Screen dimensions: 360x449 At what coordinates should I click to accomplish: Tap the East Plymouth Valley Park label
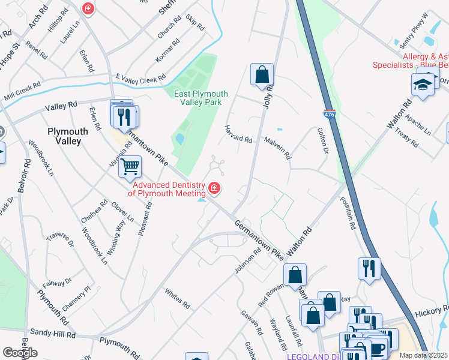(x=200, y=98)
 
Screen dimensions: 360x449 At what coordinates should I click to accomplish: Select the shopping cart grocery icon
(x=130, y=166)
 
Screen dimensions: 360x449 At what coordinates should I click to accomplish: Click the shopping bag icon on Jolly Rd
(x=262, y=75)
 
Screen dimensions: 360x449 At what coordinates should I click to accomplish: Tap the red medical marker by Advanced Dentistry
(x=214, y=190)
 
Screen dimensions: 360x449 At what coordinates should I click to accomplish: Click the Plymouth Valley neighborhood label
(x=68, y=136)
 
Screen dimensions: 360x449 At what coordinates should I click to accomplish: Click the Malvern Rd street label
(x=277, y=147)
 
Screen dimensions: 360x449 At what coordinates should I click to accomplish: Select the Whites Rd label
(x=178, y=299)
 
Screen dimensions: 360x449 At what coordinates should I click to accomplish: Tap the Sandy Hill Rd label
(x=53, y=333)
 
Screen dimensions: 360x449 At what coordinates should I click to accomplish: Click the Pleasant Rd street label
(x=145, y=218)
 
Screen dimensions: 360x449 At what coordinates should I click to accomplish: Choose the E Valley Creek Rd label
(x=140, y=79)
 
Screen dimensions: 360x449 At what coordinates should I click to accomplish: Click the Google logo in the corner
(x=20, y=353)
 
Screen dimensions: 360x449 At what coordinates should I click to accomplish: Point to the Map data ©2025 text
(x=424, y=355)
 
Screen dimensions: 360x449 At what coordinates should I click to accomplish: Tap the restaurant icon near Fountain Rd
(x=369, y=268)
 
